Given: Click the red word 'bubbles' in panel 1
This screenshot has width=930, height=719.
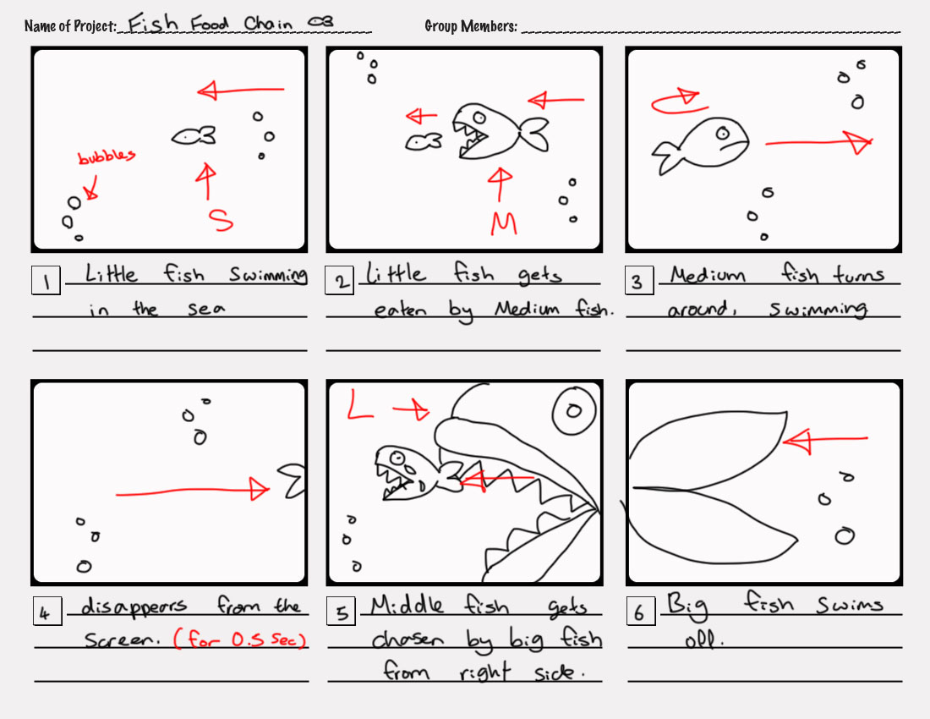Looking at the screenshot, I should tap(107, 157).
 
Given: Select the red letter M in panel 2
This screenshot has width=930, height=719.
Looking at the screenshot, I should tap(504, 223).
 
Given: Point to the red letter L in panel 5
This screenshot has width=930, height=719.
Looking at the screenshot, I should tap(361, 408).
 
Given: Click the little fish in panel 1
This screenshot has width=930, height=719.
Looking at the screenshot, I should tap(194, 135).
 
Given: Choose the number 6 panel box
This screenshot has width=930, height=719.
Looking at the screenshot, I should tap(640, 612).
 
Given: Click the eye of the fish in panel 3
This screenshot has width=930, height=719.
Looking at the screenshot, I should tap(723, 133).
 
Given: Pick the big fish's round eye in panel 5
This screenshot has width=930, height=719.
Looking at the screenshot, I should tap(573, 411).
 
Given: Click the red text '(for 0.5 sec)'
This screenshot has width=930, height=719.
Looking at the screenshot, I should tap(239, 639).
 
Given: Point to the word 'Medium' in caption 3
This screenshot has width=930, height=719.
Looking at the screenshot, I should tap(708, 276).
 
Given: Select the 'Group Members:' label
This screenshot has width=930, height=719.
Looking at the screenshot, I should tap(471, 26).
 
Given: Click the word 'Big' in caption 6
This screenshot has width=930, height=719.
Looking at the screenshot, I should tap(687, 606).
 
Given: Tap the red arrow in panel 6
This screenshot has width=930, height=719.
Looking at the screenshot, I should tap(824, 440).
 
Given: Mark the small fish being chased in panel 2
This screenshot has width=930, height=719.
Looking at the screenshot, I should tap(423, 142).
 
